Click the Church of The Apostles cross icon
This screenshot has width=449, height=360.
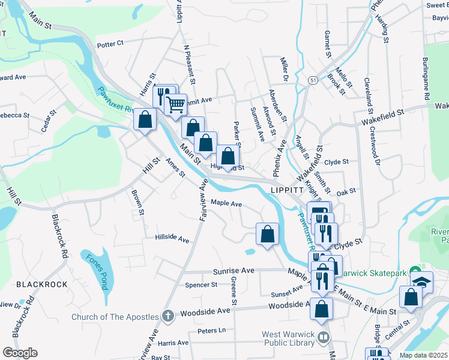coord(167,316)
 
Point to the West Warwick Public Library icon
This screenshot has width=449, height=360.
coord(324,337)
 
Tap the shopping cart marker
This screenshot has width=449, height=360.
coord(175,104)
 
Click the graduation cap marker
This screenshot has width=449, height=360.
coord(422,280)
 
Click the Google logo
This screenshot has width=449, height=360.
coord(20,353)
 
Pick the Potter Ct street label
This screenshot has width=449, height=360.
coord(110,43)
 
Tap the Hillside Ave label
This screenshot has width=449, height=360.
coord(172,238)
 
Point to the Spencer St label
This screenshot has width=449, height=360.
coord(201,285)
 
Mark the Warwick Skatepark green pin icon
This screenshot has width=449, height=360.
coord(414,271)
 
